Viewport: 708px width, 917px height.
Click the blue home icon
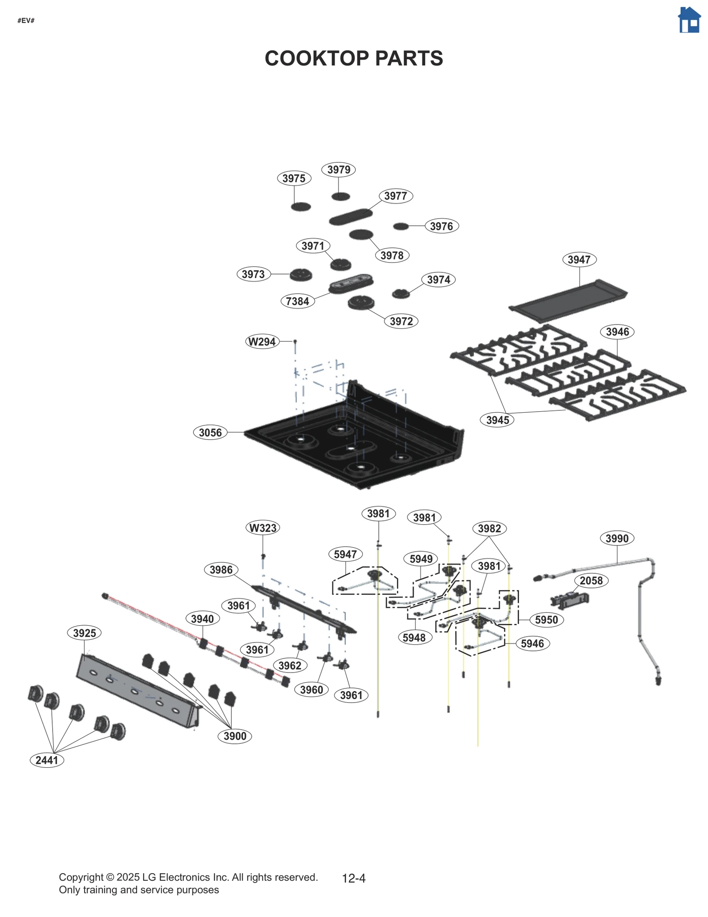point(689,20)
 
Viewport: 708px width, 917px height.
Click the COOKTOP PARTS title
point(354,58)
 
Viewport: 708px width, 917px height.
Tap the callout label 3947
point(579,259)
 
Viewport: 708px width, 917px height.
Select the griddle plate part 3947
point(569,300)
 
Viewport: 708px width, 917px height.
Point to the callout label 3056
point(210,432)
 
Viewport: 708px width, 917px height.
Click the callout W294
point(262,341)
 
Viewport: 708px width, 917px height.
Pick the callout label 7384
point(297,301)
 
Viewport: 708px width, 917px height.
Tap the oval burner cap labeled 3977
point(350,217)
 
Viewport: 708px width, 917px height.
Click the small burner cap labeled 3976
point(401,226)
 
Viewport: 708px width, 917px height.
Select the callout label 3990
point(616,538)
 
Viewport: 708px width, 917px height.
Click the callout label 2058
point(591,580)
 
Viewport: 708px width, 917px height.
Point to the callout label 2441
point(47,760)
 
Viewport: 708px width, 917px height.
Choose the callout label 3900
point(235,736)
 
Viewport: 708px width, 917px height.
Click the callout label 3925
point(84,633)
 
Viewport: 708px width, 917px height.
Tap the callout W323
point(263,528)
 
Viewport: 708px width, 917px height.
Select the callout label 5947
point(345,554)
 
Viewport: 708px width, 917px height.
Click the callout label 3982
point(489,528)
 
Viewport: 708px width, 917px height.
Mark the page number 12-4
point(354,878)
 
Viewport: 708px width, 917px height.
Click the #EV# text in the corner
point(26,21)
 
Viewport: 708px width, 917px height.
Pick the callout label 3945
point(497,420)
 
